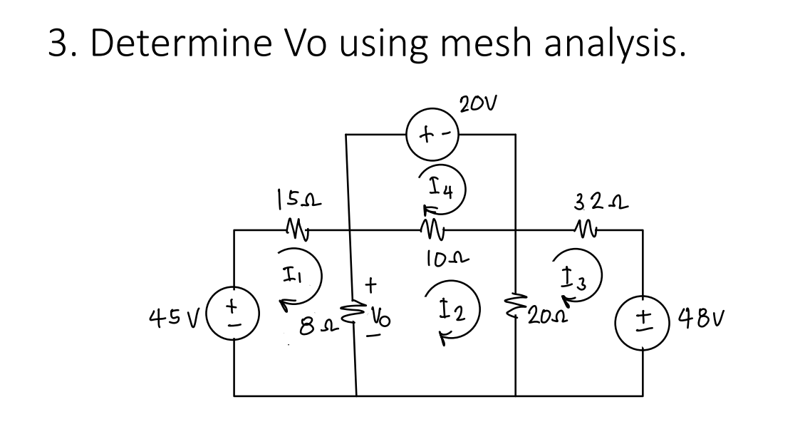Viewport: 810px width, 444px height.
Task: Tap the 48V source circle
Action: pos(644,314)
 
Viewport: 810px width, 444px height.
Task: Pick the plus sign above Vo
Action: pos(370,285)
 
